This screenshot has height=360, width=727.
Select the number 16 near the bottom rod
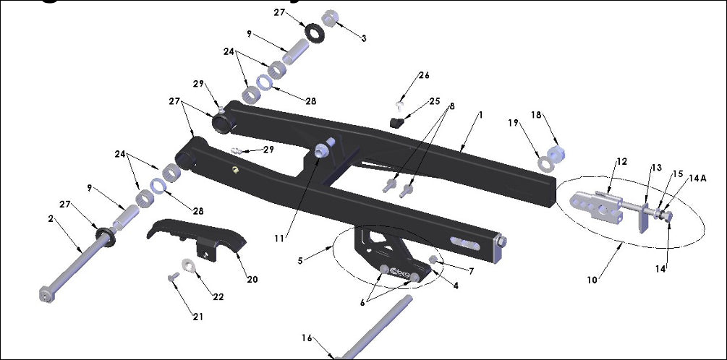coord(307,338)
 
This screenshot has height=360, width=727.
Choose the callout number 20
coord(252,279)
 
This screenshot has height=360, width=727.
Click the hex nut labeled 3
coord(328,17)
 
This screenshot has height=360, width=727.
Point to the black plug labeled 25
coord(397,122)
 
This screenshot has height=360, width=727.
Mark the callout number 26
coord(424,75)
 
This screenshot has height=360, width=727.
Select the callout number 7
coord(471,271)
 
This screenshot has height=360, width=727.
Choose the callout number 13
coord(656,168)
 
